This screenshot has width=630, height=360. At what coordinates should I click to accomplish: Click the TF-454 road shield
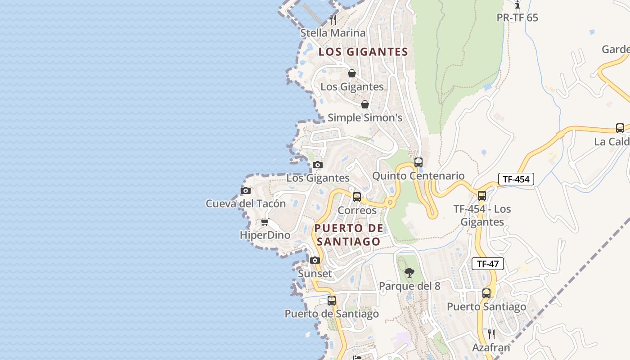coord(516,179)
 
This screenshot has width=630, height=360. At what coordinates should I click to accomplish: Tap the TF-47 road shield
coord(487,264)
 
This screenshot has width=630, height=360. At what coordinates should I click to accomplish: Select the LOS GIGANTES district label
coord(363,52)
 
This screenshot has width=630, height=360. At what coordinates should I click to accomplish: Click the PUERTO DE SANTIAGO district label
coord(349,235)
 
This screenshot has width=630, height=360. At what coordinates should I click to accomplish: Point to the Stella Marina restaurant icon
coord(333,19)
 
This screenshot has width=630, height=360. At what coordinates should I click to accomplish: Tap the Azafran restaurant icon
coord(491,334)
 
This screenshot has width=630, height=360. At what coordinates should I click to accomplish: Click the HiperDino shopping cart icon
coord(265,222)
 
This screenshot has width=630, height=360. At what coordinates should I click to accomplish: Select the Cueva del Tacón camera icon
coord(245,190)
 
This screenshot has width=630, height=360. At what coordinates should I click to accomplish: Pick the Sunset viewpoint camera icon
coord(315,260)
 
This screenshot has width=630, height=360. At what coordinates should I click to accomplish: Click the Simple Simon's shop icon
coord(365,104)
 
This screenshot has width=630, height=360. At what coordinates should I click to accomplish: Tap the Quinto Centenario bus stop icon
coord(418,162)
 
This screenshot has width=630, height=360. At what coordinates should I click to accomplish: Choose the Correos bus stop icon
coord(357,197)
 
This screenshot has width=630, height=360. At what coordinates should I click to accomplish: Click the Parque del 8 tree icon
coord(409,272)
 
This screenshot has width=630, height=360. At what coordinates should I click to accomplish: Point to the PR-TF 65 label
coord(517,18)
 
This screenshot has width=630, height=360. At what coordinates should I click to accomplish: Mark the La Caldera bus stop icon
coord(620,128)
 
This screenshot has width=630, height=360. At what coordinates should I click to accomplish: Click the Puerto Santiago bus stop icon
coord(486,293)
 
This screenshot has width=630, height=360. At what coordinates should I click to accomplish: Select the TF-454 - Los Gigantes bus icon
coord(482,196)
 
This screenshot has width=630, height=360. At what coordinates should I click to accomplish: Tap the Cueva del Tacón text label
coord(246,203)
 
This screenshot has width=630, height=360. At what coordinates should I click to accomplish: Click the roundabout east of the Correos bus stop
coord(390,203)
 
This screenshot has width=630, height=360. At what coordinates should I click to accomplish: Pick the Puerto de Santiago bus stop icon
coord(332,300)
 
